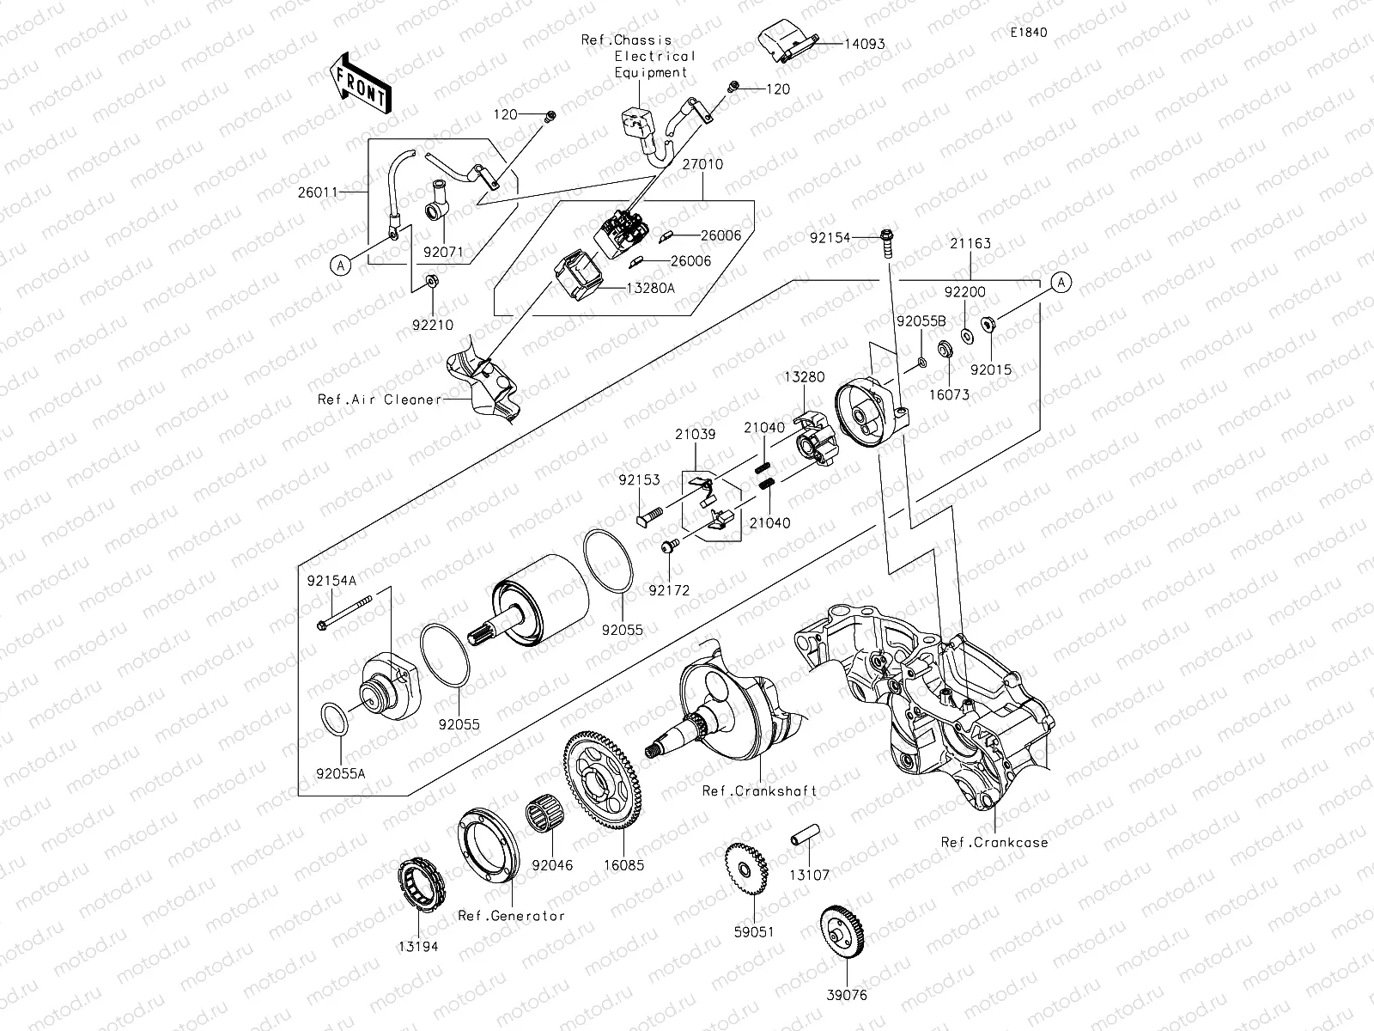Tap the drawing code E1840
coord(1029,33)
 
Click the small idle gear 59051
coord(745,871)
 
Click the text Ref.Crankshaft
coord(759,790)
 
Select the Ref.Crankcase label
coord(994,842)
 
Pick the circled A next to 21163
coord(1061,282)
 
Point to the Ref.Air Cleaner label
coord(379,400)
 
